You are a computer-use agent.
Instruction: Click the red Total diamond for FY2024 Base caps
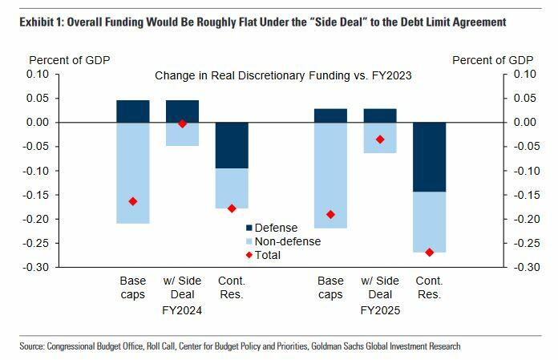coord(133,201)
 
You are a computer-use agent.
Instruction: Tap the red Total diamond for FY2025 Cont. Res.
coord(429,252)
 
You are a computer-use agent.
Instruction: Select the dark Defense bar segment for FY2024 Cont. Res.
coord(232,145)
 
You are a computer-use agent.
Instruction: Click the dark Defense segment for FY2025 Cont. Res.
coord(429,157)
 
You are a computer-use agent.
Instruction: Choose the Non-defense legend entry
coord(281,241)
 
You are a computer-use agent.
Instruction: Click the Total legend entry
coord(268,255)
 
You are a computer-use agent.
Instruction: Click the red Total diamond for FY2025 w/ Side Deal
coord(380,140)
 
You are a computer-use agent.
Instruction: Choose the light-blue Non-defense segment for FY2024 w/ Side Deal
coord(183,135)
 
